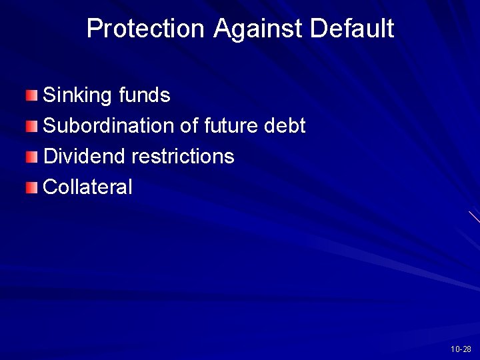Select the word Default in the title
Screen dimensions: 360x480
click(352, 29)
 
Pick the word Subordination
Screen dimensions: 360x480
click(109, 126)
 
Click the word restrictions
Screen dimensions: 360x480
click(183, 157)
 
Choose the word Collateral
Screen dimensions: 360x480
click(87, 187)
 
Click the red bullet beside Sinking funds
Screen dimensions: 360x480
click(33, 95)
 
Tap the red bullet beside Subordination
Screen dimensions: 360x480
click(33, 126)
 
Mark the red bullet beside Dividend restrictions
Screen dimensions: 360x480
click(33, 157)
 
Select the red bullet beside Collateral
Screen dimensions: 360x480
click(33, 187)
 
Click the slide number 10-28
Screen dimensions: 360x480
click(461, 349)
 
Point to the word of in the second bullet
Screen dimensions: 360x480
click(189, 126)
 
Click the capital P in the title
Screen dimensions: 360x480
click(94, 29)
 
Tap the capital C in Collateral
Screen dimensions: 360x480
click(49, 187)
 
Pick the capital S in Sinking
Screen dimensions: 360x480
click(49, 96)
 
